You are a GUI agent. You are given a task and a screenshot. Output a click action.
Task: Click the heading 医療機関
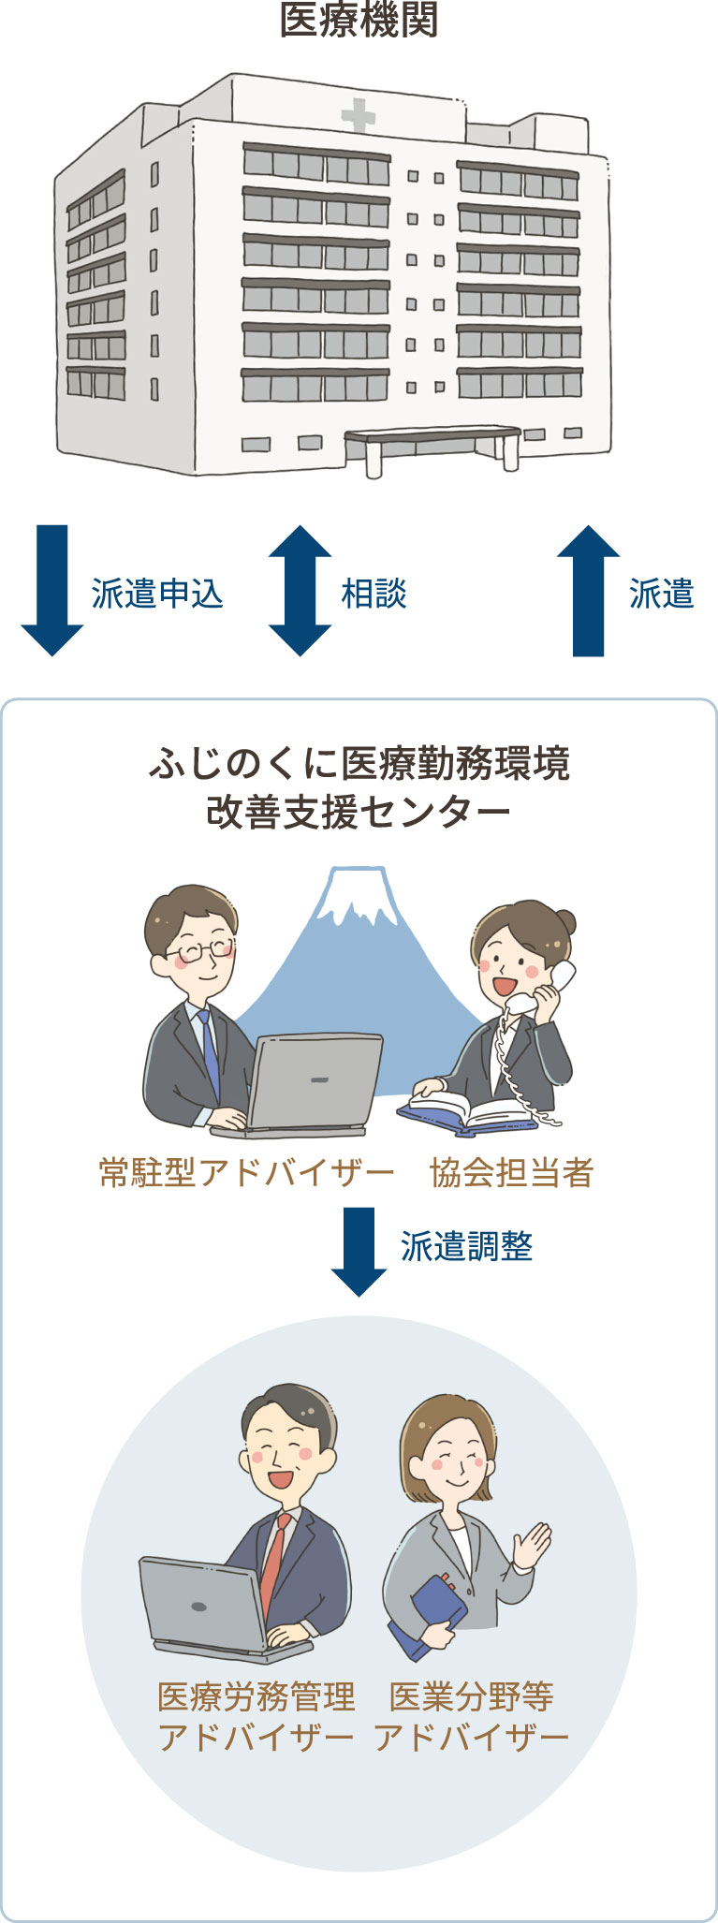[359, 20]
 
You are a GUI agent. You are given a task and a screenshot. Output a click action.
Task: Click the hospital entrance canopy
[432, 436]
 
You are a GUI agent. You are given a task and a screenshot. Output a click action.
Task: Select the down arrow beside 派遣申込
[52, 590]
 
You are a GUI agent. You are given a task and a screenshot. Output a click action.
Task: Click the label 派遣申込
[157, 594]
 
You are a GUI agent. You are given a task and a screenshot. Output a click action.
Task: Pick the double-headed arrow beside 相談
[300, 590]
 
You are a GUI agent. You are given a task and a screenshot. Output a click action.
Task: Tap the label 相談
[374, 594]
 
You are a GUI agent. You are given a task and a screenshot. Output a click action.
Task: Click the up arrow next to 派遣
[589, 590]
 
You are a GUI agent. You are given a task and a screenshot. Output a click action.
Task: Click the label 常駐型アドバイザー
[247, 1172]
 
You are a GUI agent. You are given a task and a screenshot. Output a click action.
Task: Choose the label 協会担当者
[512, 1172]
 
